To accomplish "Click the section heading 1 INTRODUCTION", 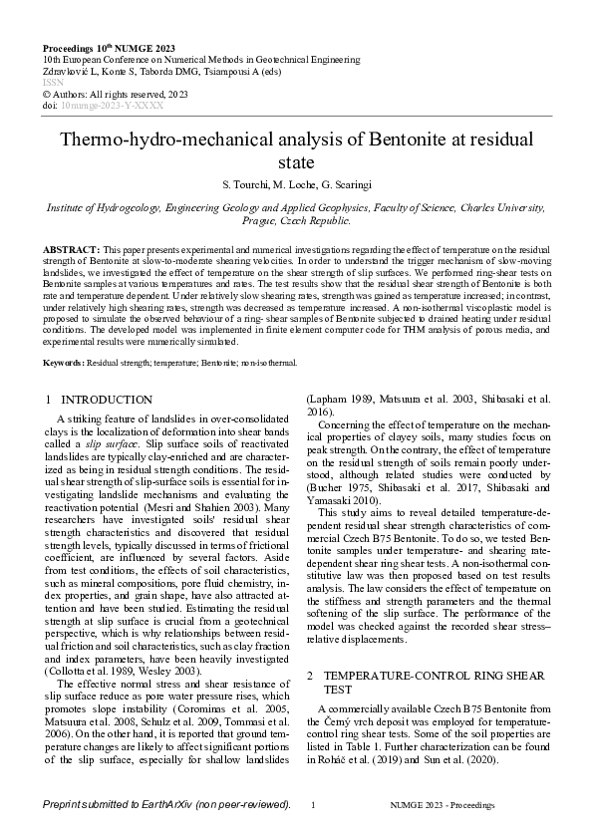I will point(100,400).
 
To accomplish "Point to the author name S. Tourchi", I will point(240,184).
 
